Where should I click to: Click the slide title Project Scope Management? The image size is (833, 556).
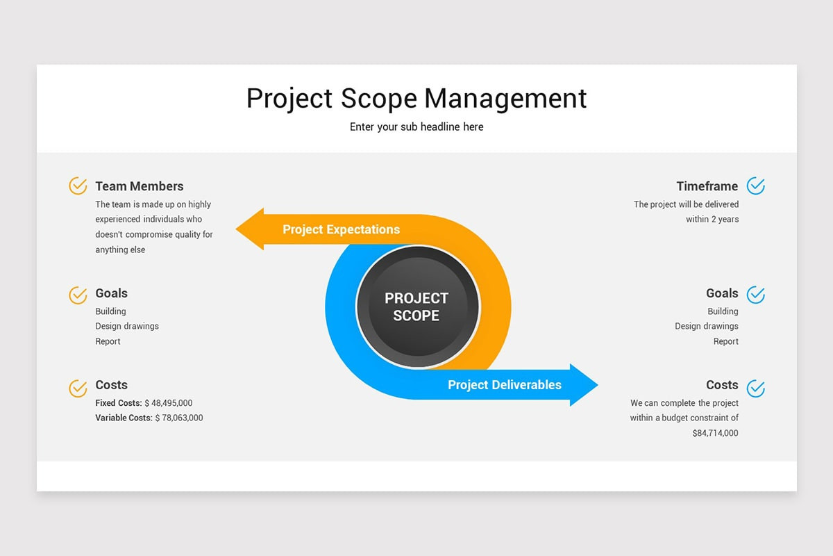(x=416, y=99)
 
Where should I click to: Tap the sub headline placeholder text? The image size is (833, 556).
(x=416, y=127)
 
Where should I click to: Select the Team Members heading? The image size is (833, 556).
(x=140, y=186)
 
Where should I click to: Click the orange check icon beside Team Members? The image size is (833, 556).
(x=78, y=186)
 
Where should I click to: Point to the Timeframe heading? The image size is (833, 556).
(x=707, y=186)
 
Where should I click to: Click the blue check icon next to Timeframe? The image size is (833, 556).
(x=755, y=186)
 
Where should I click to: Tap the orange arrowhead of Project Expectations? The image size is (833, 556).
(x=251, y=229)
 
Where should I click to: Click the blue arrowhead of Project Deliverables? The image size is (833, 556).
(x=582, y=384)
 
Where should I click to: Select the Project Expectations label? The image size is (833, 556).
(x=341, y=229)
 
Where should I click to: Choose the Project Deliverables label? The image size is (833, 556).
(x=505, y=385)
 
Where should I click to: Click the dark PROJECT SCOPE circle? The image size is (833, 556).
(x=417, y=306)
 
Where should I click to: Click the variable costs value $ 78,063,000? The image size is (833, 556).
(x=179, y=418)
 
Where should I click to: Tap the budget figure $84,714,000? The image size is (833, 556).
(x=715, y=434)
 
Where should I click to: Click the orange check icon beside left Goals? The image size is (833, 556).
(x=78, y=295)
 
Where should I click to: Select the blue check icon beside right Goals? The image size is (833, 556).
(x=755, y=295)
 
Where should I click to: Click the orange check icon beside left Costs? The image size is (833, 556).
(x=78, y=388)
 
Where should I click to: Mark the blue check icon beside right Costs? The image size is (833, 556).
(x=755, y=388)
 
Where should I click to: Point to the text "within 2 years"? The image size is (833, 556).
(x=712, y=220)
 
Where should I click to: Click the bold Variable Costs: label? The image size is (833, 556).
(x=124, y=418)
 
